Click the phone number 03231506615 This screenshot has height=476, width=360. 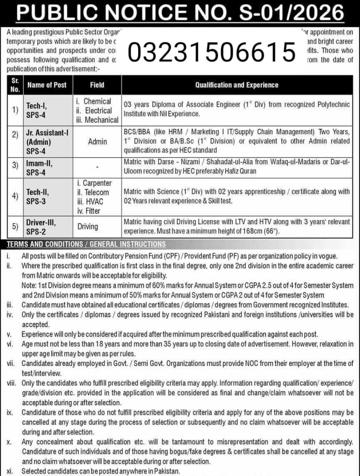[x=212, y=53]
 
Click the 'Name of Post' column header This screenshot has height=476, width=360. [x=47, y=85]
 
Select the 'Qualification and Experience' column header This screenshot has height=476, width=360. [x=237, y=85]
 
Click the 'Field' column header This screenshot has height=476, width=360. [x=97, y=85]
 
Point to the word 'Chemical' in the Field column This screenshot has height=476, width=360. [x=97, y=101]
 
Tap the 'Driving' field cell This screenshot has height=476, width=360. [x=87, y=227]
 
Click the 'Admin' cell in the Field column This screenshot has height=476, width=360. [x=97, y=141]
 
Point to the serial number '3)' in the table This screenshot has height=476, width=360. [x=15, y=166]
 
